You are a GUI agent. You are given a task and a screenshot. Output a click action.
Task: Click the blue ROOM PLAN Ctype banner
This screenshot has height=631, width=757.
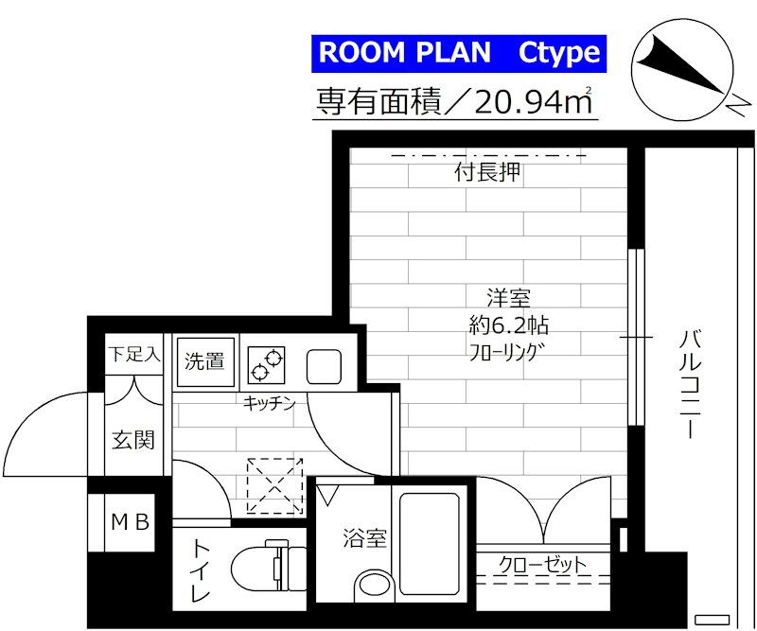click(459, 54)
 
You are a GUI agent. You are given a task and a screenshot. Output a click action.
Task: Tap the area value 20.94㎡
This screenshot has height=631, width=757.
click(534, 102)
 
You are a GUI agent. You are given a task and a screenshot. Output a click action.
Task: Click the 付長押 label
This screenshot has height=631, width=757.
click(488, 172)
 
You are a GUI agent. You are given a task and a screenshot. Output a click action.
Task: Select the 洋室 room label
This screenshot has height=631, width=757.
click(509, 298)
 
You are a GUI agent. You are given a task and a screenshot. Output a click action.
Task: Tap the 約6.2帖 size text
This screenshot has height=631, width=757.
click(509, 325)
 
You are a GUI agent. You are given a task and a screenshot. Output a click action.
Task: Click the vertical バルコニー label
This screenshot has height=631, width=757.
click(691, 384)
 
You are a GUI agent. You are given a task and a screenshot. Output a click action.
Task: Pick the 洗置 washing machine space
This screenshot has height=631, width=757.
click(205, 361)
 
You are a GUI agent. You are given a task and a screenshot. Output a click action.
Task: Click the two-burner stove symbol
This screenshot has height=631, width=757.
click(266, 364)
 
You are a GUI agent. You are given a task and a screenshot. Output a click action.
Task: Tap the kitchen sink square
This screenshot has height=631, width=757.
click(324, 366)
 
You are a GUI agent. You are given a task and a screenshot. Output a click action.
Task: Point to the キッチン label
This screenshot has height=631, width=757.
click(269, 403)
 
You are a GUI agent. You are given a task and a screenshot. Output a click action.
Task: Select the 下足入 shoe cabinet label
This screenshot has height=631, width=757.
click(133, 355)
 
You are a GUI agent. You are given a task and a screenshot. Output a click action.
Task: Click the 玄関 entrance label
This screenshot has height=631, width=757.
click(133, 440)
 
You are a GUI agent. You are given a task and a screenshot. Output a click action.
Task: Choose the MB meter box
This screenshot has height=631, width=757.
click(131, 522)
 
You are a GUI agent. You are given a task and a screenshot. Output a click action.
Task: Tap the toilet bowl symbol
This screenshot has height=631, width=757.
click(269, 566)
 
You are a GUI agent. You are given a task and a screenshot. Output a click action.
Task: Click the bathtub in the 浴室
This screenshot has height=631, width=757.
click(430, 544)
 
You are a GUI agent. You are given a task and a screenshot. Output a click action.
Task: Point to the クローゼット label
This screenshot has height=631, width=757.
click(542, 565)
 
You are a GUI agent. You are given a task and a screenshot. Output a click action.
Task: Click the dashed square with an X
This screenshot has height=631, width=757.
click(274, 485)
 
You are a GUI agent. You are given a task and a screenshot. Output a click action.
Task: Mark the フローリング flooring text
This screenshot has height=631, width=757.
click(503, 353)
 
